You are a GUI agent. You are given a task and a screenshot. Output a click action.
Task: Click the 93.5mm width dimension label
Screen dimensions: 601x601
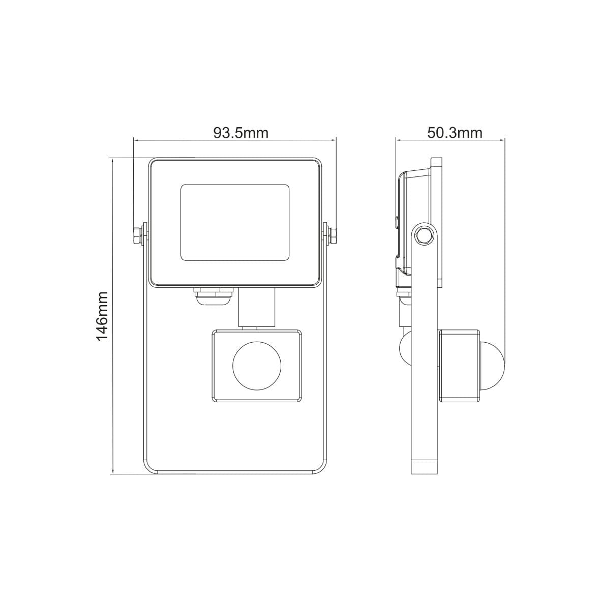[241, 133]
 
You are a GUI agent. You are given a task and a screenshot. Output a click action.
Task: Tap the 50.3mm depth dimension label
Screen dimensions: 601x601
[455, 133]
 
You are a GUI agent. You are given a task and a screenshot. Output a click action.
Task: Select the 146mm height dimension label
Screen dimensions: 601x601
[102, 316]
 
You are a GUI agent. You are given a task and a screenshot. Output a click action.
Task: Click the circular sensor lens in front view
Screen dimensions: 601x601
[257, 365]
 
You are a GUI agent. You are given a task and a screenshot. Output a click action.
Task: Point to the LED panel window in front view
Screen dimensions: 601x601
[235, 223]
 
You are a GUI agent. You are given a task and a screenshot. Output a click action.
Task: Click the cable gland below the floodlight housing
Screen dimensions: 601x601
[212, 296]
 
